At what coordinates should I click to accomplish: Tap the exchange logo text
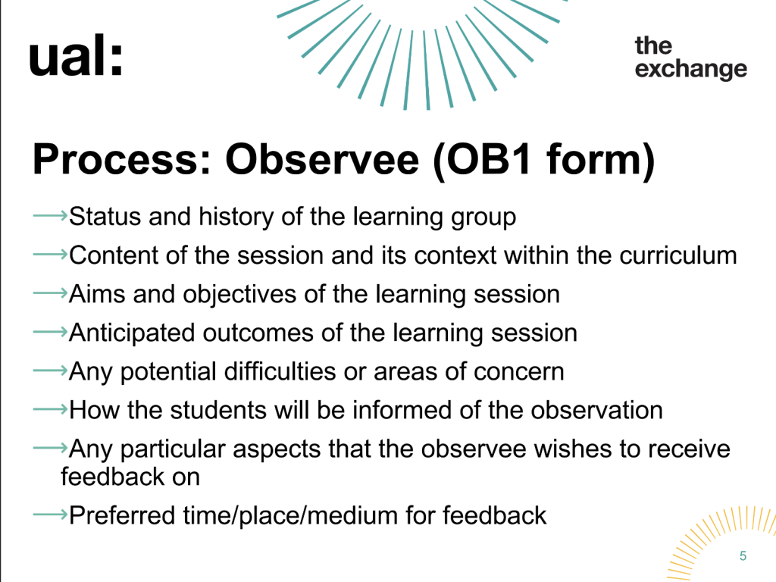pos(691,58)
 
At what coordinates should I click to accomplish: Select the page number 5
pos(743,555)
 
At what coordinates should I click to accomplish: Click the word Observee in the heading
pos(322,159)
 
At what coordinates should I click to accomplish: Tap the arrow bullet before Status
pos(50,215)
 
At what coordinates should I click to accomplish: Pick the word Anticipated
pos(132,333)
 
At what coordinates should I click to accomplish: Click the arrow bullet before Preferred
pos(50,515)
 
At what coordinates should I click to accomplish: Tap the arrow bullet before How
pos(50,409)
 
